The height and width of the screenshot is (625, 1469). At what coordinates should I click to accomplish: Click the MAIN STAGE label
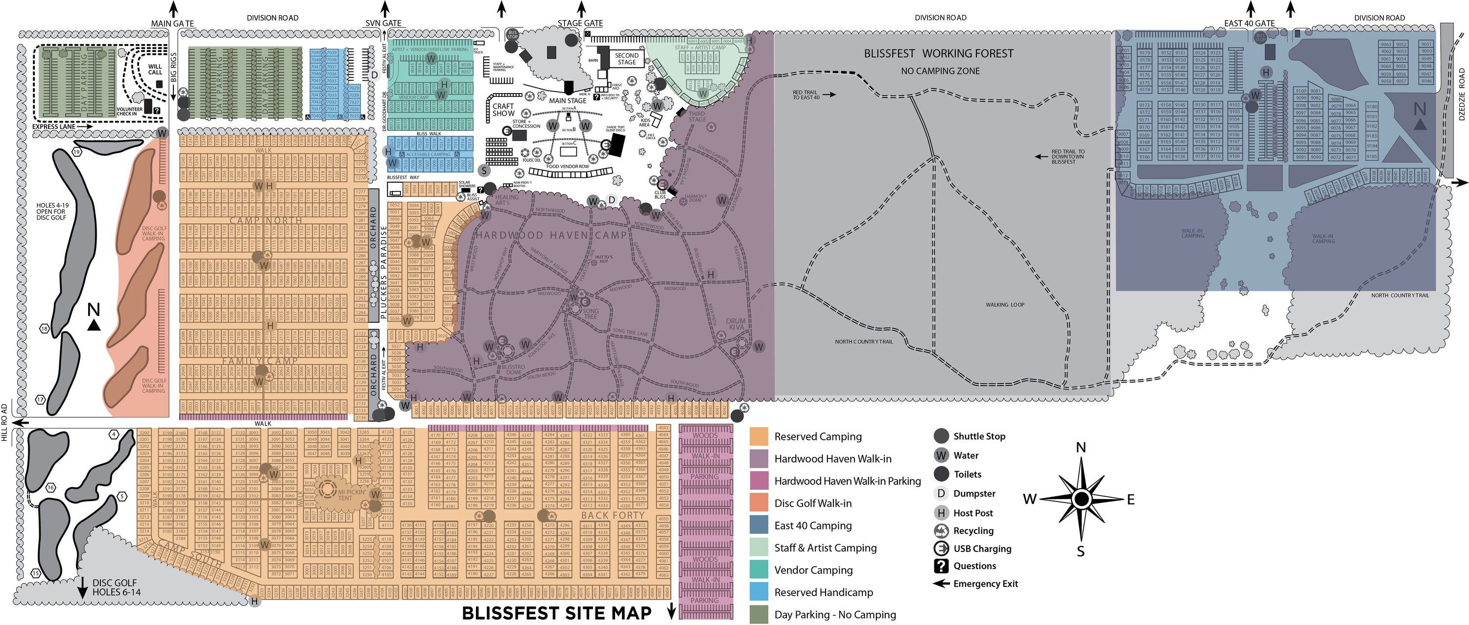pyautogui.click(x=568, y=100)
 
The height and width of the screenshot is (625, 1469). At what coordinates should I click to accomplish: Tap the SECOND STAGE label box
pyautogui.click(x=626, y=59)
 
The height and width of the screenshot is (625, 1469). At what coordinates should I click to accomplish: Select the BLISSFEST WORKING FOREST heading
pyautogui.click(x=939, y=53)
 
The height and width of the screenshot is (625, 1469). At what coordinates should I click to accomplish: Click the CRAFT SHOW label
pyautogui.click(x=503, y=110)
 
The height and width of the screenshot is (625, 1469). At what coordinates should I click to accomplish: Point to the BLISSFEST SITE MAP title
pyautogui.click(x=557, y=613)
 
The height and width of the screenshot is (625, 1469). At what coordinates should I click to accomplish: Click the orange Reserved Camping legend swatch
pyautogui.click(x=759, y=436)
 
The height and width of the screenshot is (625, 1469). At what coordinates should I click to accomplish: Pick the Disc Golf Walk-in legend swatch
pyautogui.click(x=759, y=503)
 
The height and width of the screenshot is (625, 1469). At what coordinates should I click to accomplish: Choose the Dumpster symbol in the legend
pyautogui.click(x=941, y=493)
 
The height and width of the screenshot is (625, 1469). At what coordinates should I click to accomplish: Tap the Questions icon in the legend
pyautogui.click(x=941, y=566)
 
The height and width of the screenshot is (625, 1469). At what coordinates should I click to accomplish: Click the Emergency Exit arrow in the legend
pyautogui.click(x=941, y=583)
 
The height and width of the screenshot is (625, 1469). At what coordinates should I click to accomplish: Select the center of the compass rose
pyautogui.click(x=1081, y=499)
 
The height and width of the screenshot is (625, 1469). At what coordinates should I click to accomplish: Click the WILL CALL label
pyautogui.click(x=155, y=70)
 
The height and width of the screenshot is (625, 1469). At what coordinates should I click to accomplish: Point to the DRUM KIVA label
pyautogui.click(x=736, y=324)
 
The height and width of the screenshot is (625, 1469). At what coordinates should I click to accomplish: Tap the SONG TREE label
pyautogui.click(x=591, y=313)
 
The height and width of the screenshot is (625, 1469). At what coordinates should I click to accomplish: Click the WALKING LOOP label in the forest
pyautogui.click(x=1005, y=305)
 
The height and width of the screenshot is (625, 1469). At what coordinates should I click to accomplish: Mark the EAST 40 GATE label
pyautogui.click(x=1249, y=24)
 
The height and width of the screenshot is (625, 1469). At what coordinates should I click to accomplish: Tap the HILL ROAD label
pyautogui.click(x=4, y=422)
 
